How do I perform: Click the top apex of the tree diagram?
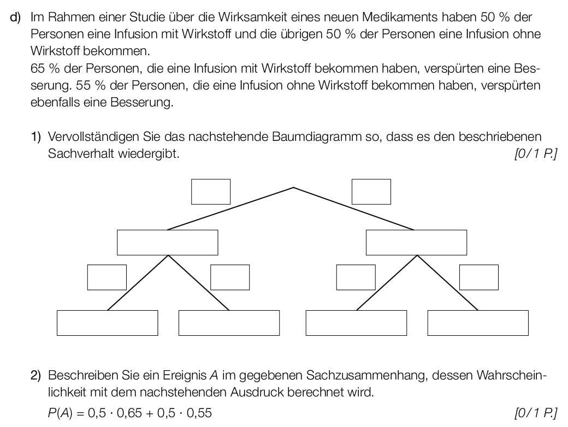coord(293,187)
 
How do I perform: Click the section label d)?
coord(16,17)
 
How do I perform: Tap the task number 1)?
coord(36,137)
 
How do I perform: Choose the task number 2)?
coord(36,375)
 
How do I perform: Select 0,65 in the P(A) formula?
coord(129,412)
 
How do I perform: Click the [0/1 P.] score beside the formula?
coord(536,412)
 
